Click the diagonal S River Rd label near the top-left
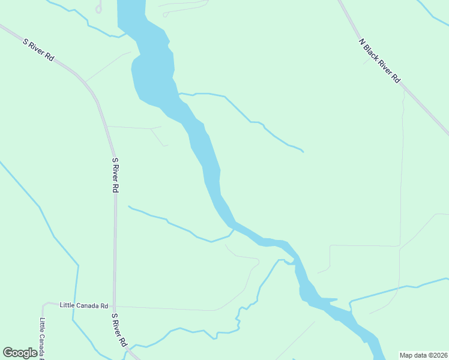coord(39,50)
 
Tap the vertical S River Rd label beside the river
coord(115,175)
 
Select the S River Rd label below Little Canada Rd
coord(119,329)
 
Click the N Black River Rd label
coord(379,61)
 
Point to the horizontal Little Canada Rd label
coord(83,305)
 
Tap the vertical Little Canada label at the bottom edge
coord(43,337)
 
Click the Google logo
coord(20,353)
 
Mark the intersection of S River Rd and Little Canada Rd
coord(113,306)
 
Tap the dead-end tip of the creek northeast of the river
coord(303,152)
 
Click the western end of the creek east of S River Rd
coord(129,206)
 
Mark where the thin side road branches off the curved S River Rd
coord(86,80)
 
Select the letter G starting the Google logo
coord(8,353)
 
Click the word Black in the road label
coord(376,57)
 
